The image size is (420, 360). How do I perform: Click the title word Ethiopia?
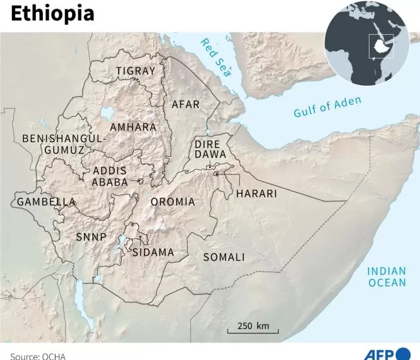point(52,13)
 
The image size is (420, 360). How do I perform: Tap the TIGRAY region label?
point(135,71)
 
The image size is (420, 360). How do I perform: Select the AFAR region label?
point(186,104)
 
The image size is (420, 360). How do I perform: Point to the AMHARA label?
point(133,127)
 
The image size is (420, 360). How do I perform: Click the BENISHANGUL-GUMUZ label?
point(64,144)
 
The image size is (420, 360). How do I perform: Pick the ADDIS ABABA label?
point(110,177)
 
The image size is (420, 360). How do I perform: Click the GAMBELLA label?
point(46,202)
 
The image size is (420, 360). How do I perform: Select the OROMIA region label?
point(172,202)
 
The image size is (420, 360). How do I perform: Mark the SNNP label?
point(91,237)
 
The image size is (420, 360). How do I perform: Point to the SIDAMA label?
point(152,253)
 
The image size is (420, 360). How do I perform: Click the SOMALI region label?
point(224,257)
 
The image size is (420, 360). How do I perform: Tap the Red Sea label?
point(216,57)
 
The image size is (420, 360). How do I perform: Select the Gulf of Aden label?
point(327,107)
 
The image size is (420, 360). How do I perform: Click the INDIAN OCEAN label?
point(387,277)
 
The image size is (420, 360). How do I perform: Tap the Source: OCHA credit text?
point(38,356)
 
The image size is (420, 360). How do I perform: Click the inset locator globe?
point(366,44)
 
